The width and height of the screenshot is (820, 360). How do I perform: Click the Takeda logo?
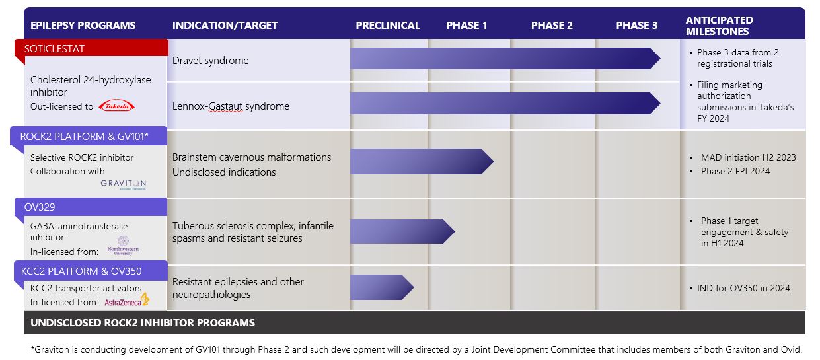click(116, 106)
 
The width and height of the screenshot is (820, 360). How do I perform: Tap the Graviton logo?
click(124, 184)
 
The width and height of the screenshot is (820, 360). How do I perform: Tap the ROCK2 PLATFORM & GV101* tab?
click(89, 137)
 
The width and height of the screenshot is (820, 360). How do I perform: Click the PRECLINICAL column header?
click(388, 26)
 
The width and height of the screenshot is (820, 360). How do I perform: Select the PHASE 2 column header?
click(552, 26)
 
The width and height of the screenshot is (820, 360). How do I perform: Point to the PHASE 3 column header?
click(637, 26)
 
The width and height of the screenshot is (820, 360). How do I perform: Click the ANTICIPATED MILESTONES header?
click(719, 26)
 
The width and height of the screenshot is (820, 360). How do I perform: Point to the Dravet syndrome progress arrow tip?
click(655, 58)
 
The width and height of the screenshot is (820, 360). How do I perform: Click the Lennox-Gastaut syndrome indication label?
click(231, 106)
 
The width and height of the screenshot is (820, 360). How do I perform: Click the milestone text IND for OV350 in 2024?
click(743, 288)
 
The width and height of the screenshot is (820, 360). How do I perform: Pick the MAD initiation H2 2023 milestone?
click(748, 157)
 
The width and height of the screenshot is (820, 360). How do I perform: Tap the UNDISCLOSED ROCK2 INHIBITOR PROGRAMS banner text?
click(143, 323)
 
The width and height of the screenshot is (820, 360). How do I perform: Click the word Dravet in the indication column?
click(188, 61)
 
